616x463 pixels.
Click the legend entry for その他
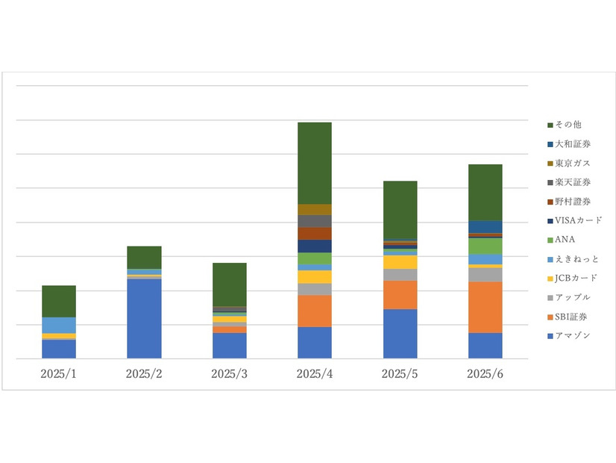pyautogui.click(x=568, y=124)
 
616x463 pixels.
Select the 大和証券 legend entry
pyautogui.click(x=571, y=143)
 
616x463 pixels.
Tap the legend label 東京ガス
pyautogui.click(x=571, y=163)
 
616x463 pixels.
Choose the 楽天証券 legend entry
pyautogui.click(x=571, y=182)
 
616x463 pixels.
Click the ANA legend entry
pyautogui.click(x=565, y=240)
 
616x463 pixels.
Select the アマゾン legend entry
pyautogui.click(x=571, y=335)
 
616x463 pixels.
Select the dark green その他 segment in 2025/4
pyautogui.click(x=314, y=163)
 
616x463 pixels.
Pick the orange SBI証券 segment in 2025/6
pyautogui.click(x=485, y=307)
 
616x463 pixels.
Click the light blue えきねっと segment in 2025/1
pyautogui.click(x=59, y=325)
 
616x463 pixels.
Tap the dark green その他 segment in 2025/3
pyautogui.click(x=229, y=285)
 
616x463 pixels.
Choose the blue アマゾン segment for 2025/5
pyautogui.click(x=400, y=334)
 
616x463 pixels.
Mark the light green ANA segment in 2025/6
pyautogui.click(x=485, y=246)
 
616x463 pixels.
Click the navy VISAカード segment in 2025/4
pyautogui.click(x=314, y=246)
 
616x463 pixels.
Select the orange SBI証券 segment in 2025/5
pyautogui.click(x=400, y=294)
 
